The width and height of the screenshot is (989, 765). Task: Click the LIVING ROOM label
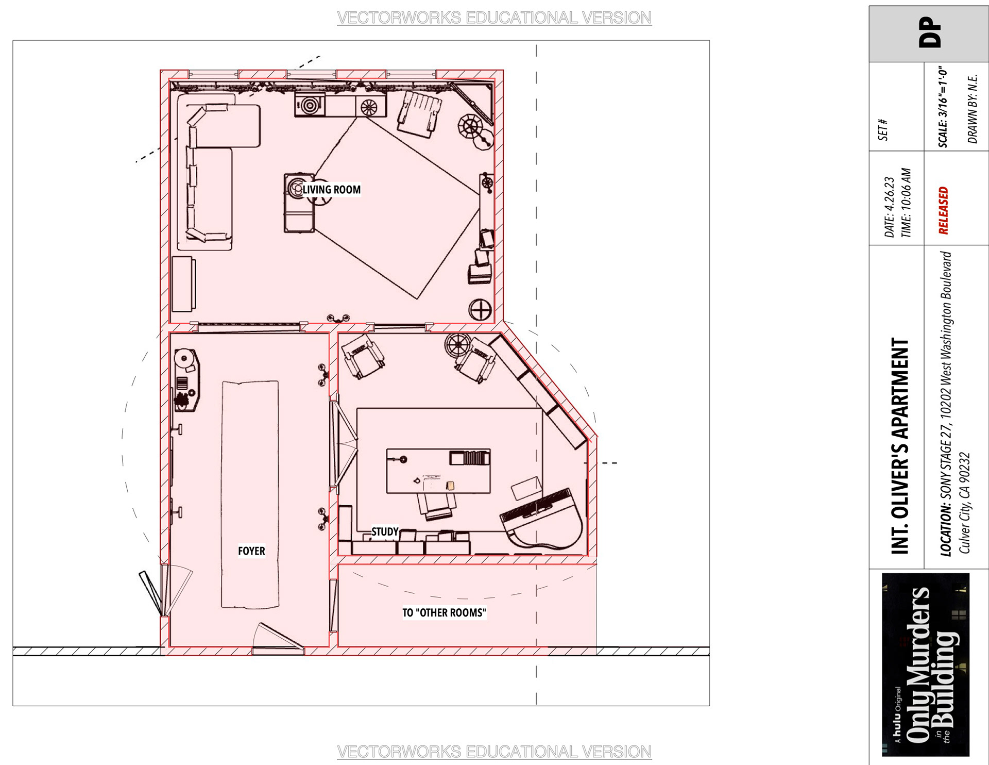[332, 190]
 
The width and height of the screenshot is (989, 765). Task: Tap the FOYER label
[251, 551]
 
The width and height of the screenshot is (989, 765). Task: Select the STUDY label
[385, 531]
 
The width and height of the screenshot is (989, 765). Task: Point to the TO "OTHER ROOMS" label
[444, 612]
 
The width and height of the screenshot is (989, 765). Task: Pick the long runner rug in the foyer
[250, 495]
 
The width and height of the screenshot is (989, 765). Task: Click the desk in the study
[438, 471]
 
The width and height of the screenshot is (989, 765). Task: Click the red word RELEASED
[943, 210]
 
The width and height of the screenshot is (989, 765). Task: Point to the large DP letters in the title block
[930, 32]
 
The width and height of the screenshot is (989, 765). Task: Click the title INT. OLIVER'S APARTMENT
[900, 446]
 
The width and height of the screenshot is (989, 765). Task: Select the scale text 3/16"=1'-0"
[943, 107]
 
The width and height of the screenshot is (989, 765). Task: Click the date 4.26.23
[890, 207]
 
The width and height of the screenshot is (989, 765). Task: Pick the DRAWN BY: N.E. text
[973, 109]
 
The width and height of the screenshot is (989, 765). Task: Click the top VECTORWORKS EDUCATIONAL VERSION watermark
[494, 18]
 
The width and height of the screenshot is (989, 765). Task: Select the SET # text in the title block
[883, 130]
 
